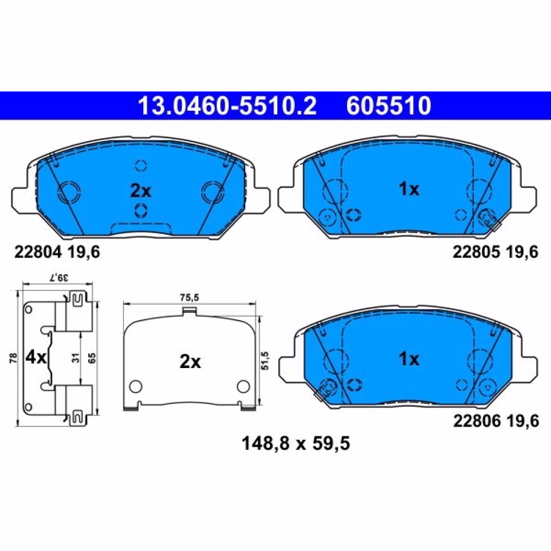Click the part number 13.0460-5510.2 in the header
(x=228, y=106)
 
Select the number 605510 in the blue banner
(x=388, y=106)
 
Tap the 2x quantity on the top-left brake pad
(x=141, y=191)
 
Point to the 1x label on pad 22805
(x=409, y=189)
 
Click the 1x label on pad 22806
(x=409, y=359)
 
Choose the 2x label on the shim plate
(x=190, y=361)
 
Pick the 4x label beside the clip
(x=36, y=358)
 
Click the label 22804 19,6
(x=57, y=252)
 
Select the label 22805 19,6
(x=495, y=252)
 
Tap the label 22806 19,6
(x=496, y=420)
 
